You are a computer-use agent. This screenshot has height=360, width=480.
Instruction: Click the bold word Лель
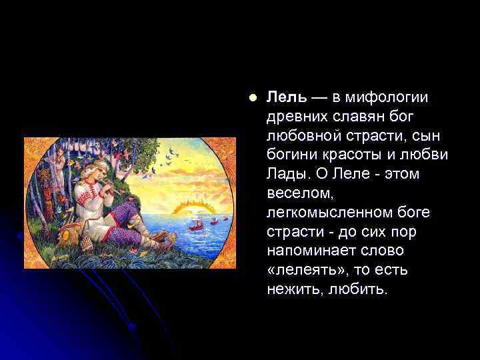(286, 97)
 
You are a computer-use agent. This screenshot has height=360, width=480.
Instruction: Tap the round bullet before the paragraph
(251, 97)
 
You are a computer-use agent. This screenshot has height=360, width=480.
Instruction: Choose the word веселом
(296, 193)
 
